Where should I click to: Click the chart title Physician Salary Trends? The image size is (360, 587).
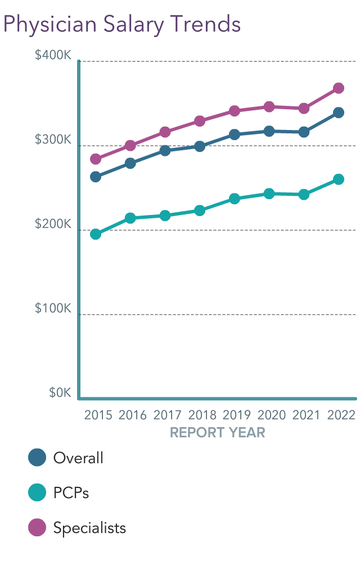[122, 24]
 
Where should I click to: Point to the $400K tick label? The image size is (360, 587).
[53, 56]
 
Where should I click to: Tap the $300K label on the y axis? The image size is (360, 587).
[53, 140]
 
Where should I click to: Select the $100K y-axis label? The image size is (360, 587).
[53, 309]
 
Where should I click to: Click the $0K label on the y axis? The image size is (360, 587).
[60, 393]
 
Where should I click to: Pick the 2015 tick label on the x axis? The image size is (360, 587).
[98, 415]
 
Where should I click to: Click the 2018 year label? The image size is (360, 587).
[202, 415]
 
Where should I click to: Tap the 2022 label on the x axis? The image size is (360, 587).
[341, 415]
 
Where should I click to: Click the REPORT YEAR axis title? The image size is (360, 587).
[217, 433]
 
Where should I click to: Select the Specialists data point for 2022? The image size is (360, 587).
[339, 88]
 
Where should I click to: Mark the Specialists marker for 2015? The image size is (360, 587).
[96, 159]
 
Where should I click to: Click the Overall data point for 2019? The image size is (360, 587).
[235, 135]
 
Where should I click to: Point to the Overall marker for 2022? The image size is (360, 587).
[339, 113]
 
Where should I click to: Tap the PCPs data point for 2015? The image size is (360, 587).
[96, 234]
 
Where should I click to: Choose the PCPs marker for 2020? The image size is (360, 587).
[269, 194]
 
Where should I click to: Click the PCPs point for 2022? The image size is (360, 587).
[339, 180]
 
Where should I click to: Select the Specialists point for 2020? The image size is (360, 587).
[269, 107]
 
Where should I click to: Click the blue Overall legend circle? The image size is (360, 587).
[37, 458]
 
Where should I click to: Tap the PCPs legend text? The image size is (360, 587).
[71, 493]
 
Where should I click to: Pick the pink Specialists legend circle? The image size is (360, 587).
[37, 527]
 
